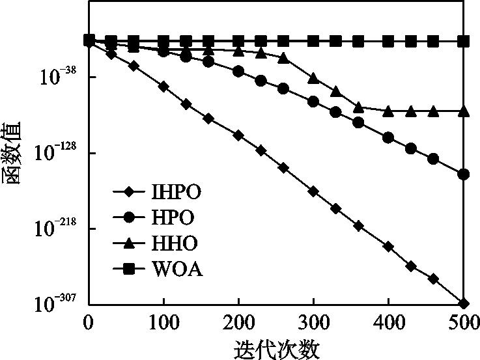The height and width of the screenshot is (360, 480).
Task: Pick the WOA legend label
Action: pos(176,268)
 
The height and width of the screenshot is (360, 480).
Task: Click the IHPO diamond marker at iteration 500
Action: pos(464,303)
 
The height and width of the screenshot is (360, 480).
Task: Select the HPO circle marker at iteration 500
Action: pos(464,174)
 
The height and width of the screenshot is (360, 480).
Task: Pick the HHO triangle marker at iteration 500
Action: pos(464,111)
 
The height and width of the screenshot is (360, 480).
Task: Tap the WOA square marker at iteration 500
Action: pos(464,42)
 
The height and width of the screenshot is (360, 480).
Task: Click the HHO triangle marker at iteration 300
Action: pos(313,78)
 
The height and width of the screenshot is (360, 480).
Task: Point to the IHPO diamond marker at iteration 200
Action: pos(238,135)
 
